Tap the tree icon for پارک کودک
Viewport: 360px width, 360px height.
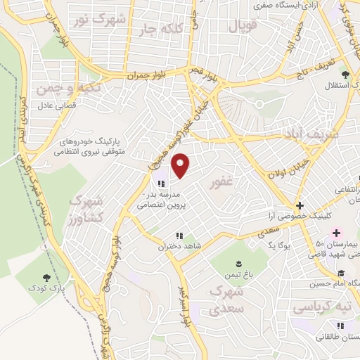[46, 278]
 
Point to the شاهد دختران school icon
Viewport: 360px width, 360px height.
[179, 236]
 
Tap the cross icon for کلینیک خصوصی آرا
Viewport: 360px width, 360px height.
[300, 206]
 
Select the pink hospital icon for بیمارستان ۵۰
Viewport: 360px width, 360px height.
[336, 232]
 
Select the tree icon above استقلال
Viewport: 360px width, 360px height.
[345, 75]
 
